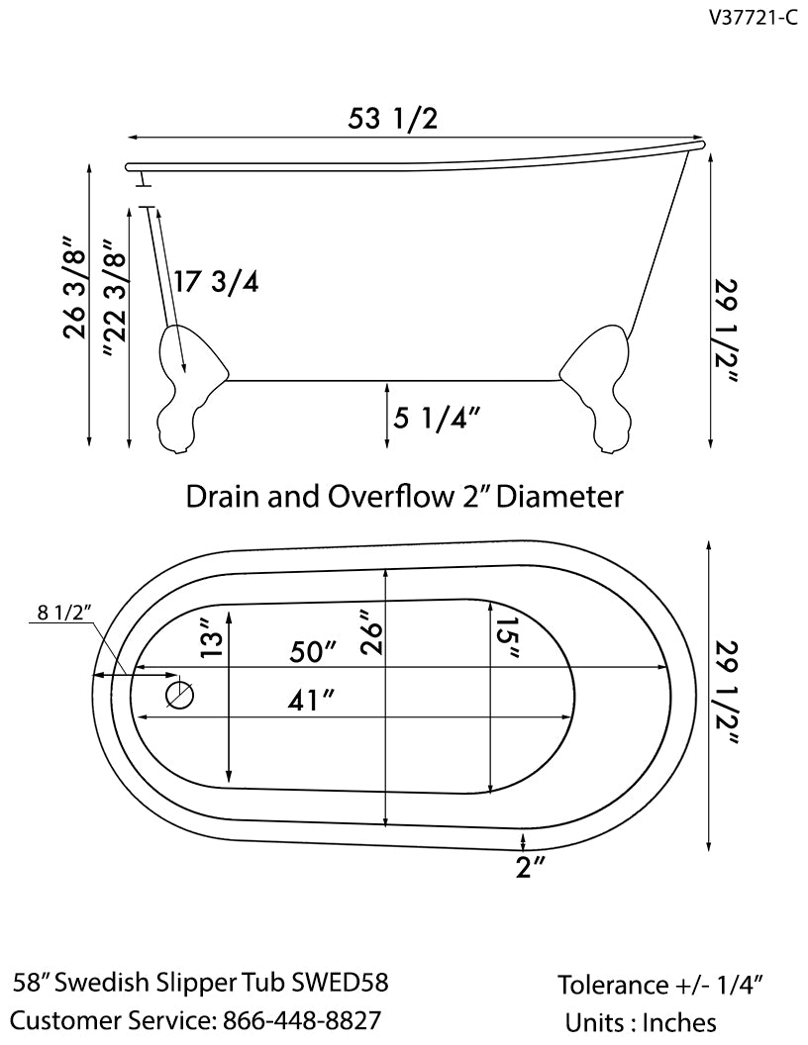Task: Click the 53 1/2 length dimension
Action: pyautogui.click(x=392, y=119)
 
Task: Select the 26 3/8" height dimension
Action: pyautogui.click(x=75, y=287)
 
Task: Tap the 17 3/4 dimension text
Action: pyautogui.click(x=215, y=282)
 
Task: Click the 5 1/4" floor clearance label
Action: pyautogui.click(x=437, y=419)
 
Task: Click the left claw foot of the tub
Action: pyautogui.click(x=188, y=391)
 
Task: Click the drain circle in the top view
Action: pyautogui.click(x=179, y=695)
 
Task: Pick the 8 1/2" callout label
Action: pyautogui.click(x=64, y=612)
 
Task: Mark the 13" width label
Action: pyautogui.click(x=210, y=639)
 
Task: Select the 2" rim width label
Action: pyautogui.click(x=531, y=869)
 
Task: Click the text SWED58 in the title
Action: pyautogui.click(x=340, y=983)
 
